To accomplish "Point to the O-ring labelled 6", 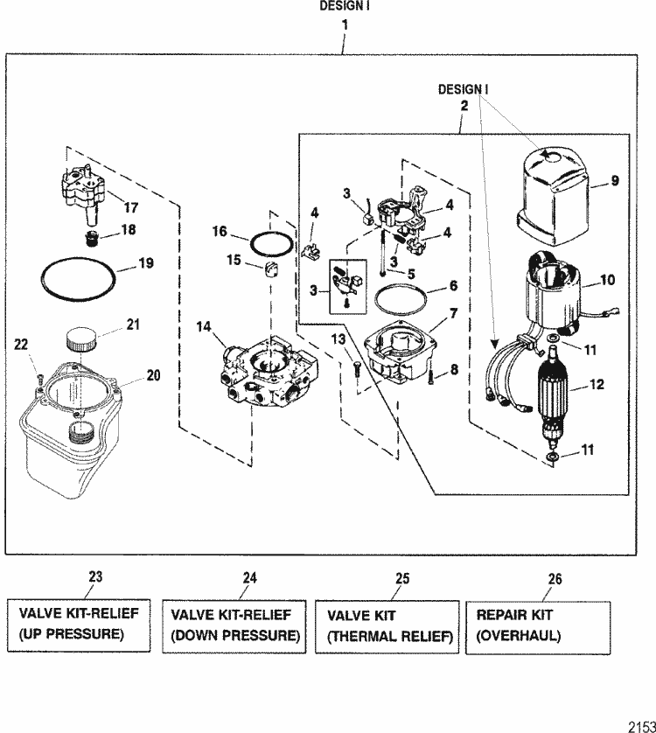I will pos(401,299).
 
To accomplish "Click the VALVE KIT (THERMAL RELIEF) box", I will pos(387,625).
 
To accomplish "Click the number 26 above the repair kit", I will pos(555,579).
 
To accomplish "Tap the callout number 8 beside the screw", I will pos(453,372).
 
